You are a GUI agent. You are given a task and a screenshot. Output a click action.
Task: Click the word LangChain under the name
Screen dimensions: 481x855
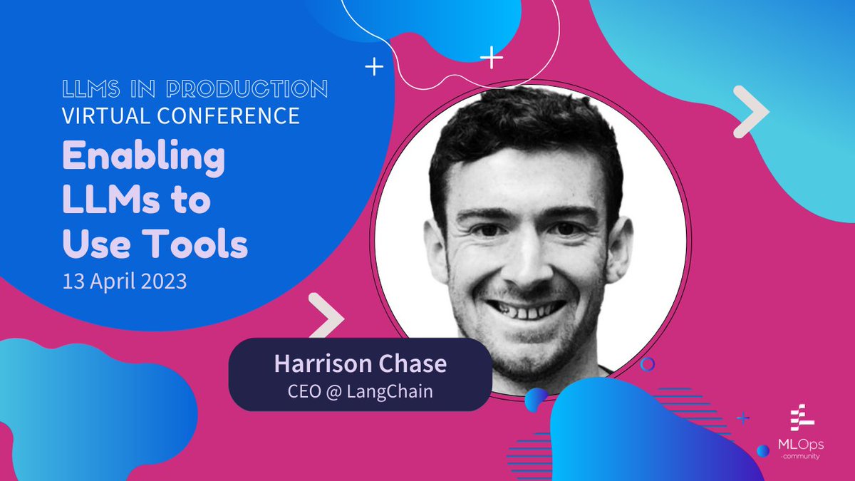pyautogui.click(x=391, y=391)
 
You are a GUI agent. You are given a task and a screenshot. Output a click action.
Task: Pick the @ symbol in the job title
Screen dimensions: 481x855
pyautogui.click(x=332, y=391)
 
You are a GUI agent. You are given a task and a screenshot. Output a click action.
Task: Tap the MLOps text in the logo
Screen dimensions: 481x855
pyautogui.click(x=800, y=445)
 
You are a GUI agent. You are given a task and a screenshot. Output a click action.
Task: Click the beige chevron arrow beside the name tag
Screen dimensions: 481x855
pyautogui.click(x=326, y=314)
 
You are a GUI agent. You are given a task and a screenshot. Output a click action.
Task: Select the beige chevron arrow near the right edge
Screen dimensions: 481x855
pyautogui.click(x=750, y=112)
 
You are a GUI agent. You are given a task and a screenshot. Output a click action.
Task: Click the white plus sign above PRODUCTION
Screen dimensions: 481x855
pyautogui.click(x=373, y=67)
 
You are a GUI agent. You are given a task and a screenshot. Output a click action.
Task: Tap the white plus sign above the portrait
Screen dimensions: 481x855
pyautogui.click(x=492, y=57)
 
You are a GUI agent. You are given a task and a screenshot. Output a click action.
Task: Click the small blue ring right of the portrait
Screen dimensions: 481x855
pyautogui.click(x=647, y=364)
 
